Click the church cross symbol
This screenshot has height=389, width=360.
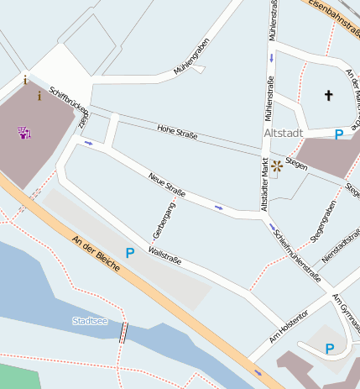pyautogui.click(x=328, y=96)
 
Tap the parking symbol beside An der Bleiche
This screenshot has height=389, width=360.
pyautogui.click(x=130, y=252)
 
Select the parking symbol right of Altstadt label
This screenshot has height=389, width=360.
pyautogui.click(x=339, y=134)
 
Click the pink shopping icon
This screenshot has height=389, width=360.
pyautogui.click(x=23, y=132)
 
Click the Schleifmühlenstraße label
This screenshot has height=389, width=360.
pyautogui.click(x=298, y=252)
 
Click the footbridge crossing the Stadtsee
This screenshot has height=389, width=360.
pyautogui.click(x=124, y=332)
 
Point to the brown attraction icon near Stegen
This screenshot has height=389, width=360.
pyautogui.click(x=276, y=166)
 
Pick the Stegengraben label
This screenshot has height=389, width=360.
pyautogui.click(x=323, y=222)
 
